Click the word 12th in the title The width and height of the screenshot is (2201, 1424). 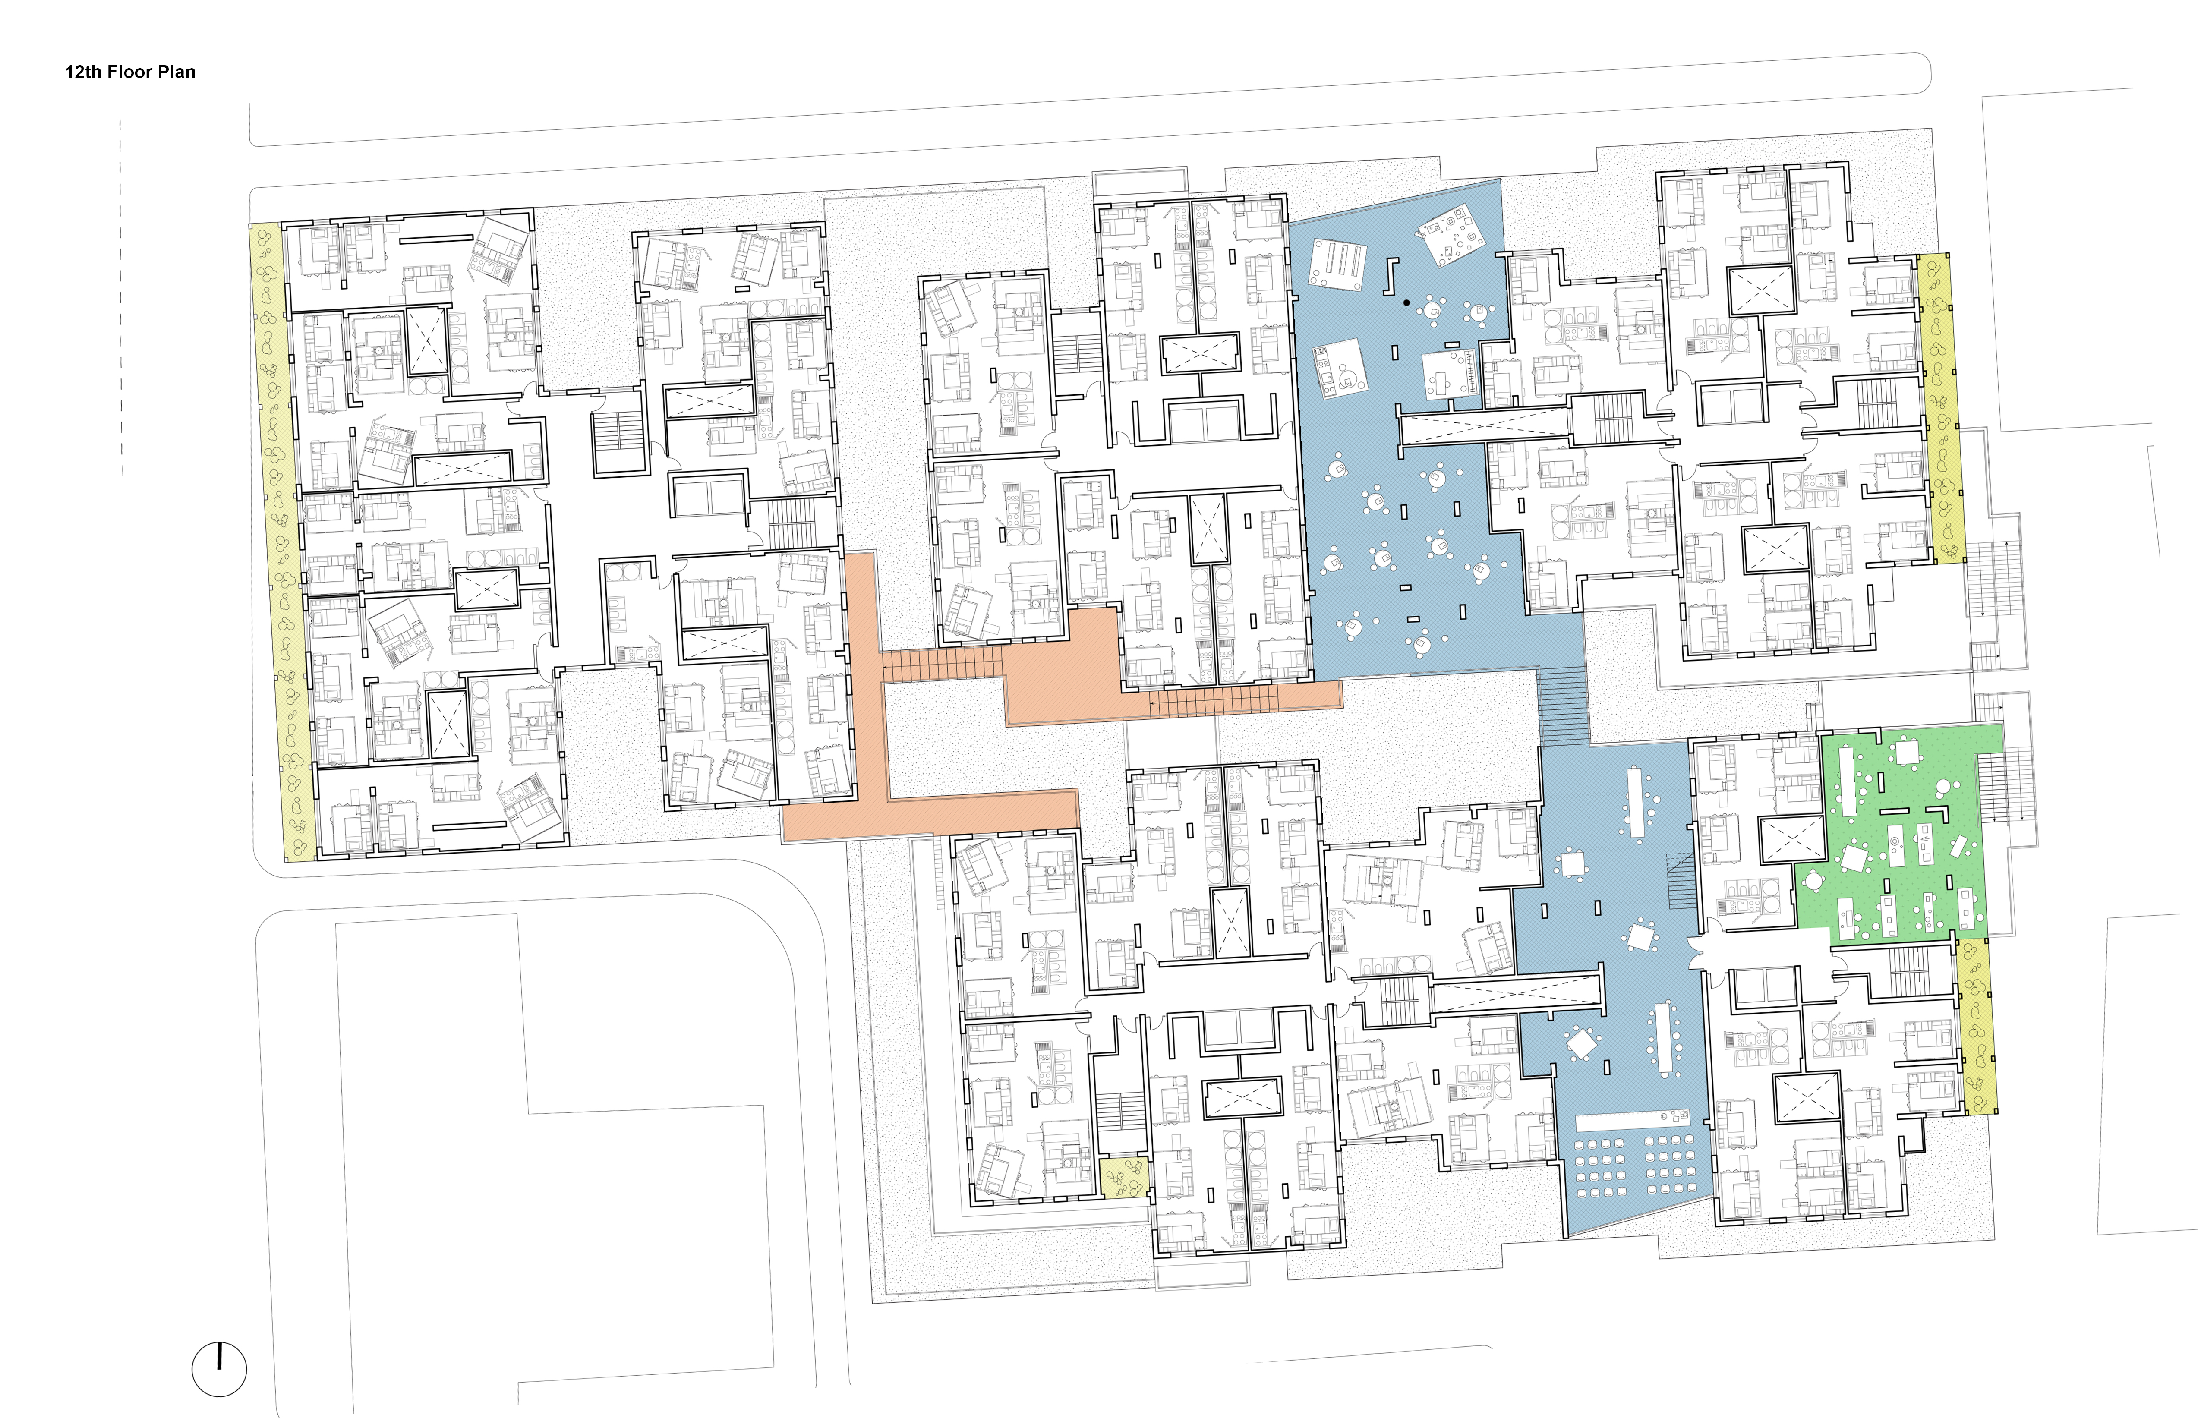[82, 72]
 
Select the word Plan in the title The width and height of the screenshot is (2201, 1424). [177, 72]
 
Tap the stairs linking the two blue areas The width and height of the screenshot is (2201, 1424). [1563, 707]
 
